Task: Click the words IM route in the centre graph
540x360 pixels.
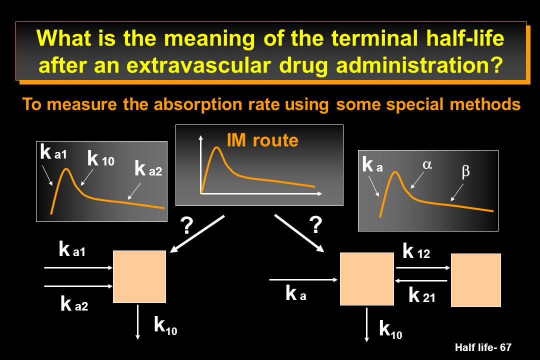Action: click(262, 140)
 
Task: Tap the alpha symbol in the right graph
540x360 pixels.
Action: click(427, 164)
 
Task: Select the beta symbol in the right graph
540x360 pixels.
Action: click(465, 171)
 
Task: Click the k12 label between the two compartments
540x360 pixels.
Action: click(416, 251)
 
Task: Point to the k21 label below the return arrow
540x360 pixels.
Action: click(422, 295)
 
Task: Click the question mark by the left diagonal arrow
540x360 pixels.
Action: click(186, 225)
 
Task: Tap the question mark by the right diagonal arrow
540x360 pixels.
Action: click(315, 224)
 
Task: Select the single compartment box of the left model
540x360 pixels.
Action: click(139, 276)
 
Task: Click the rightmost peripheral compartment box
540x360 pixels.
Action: click(476, 280)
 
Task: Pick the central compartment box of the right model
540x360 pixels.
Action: click(367, 279)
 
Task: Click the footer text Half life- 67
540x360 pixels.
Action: click(483, 347)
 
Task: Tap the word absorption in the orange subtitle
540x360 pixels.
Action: click(198, 104)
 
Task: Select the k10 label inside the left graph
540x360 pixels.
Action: click(100, 158)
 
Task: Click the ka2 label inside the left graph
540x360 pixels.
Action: click(148, 168)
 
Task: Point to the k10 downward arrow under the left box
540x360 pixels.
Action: click(138, 322)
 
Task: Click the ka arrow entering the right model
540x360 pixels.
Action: click(303, 279)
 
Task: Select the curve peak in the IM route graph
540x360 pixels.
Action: click(217, 147)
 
